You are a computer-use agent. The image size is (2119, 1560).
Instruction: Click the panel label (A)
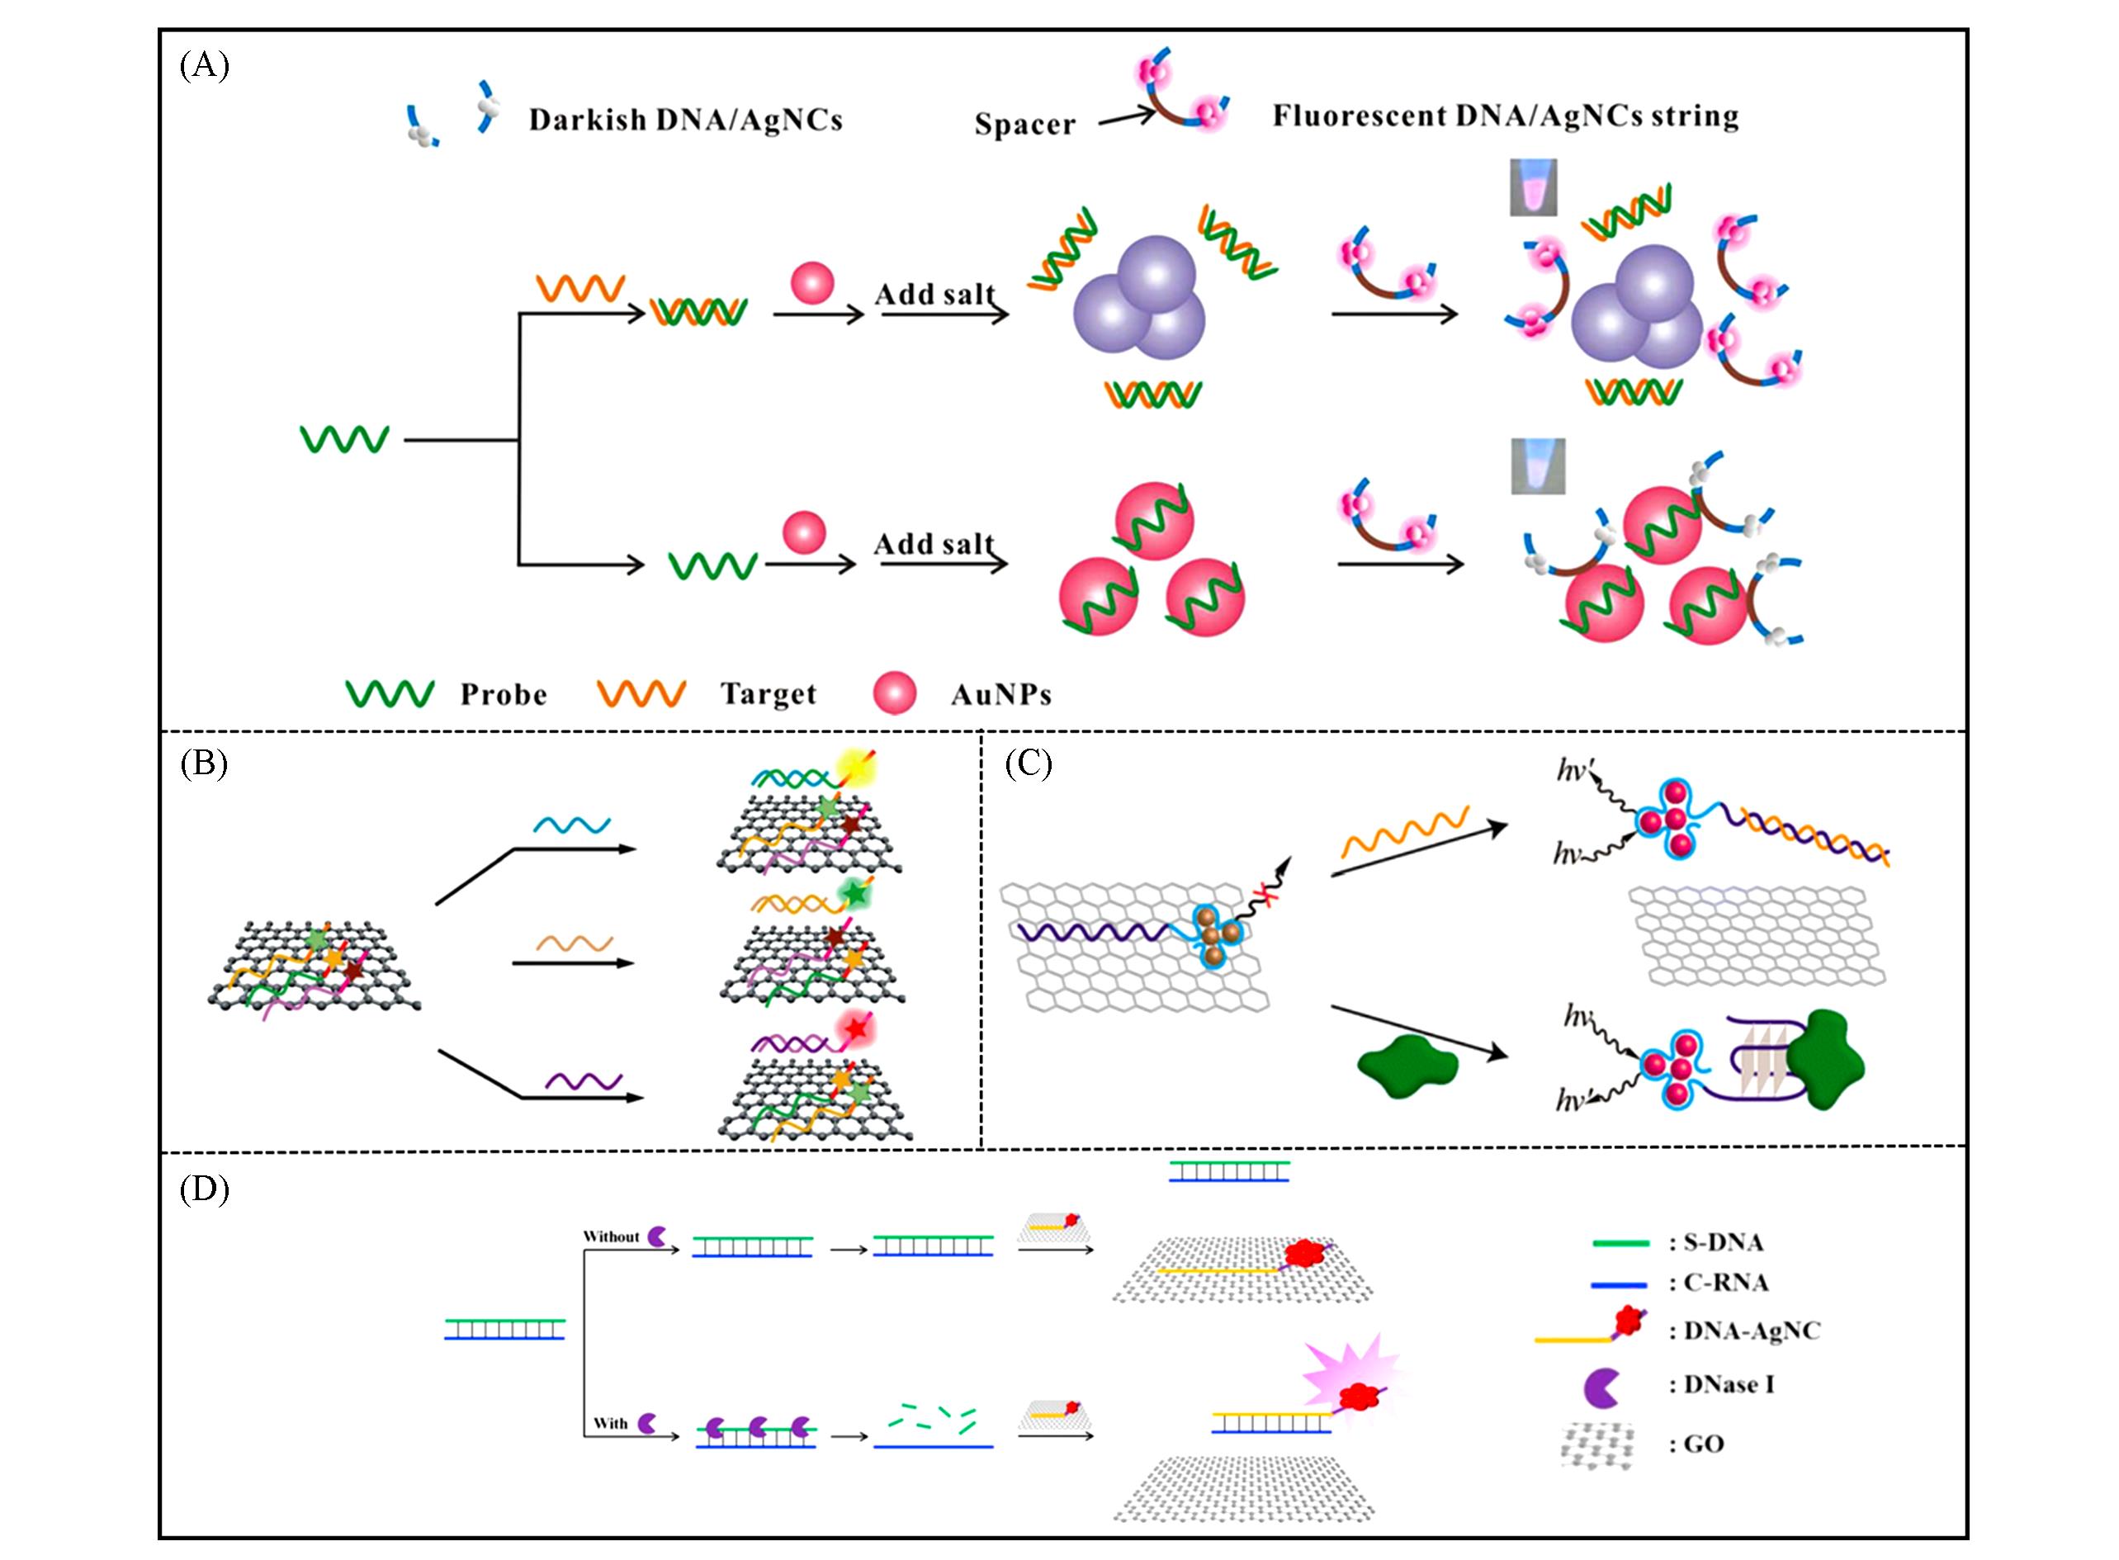point(204,66)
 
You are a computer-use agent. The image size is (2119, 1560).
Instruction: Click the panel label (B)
point(204,763)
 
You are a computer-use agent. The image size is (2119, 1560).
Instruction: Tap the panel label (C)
point(1029,763)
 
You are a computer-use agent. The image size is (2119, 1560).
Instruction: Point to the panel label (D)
point(204,1189)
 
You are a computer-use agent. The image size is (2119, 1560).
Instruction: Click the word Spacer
point(1024,125)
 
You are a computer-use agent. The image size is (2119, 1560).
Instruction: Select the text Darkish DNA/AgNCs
point(685,120)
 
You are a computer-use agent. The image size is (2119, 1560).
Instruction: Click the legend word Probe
point(504,695)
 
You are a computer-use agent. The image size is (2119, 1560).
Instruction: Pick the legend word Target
point(768,694)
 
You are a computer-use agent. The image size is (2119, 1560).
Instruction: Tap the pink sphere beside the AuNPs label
point(894,693)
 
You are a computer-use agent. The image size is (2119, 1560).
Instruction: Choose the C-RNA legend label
point(1718,1283)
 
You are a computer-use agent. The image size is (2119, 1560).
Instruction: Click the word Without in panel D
point(611,1237)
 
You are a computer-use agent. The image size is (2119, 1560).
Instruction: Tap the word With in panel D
point(610,1423)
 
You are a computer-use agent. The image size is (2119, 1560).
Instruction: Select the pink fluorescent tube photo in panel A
point(1533,187)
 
